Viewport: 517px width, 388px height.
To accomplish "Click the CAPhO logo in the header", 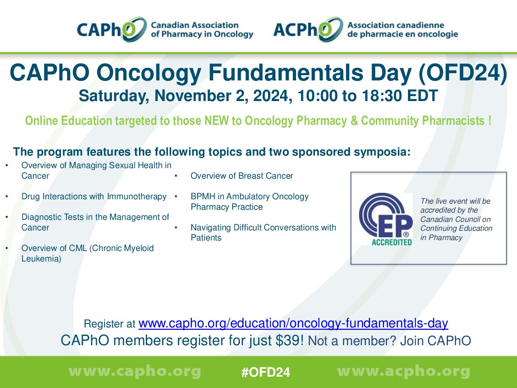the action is click(165, 30).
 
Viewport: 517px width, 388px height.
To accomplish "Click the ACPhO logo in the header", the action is click(366, 30).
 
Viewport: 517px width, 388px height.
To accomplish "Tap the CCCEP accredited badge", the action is click(386, 219).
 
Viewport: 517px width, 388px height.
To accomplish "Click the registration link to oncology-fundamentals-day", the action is click(293, 323).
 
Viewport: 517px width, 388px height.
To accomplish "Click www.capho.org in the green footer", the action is click(135, 372).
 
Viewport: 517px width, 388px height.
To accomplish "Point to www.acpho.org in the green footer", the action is click(404, 372).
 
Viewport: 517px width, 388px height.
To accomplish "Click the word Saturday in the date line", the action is click(113, 96).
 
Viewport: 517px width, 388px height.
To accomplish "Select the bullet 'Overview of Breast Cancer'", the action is click(242, 176).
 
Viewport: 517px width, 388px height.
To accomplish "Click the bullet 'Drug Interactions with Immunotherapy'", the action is click(94, 196).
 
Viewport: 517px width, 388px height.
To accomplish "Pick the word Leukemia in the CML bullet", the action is click(41, 259).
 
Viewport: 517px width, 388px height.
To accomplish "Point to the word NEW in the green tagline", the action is click(216, 120).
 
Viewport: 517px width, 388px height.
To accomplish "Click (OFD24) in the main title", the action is click(463, 73).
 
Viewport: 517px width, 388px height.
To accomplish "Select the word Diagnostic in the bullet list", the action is click(42, 217).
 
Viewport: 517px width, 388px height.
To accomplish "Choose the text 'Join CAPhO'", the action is click(435, 341).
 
